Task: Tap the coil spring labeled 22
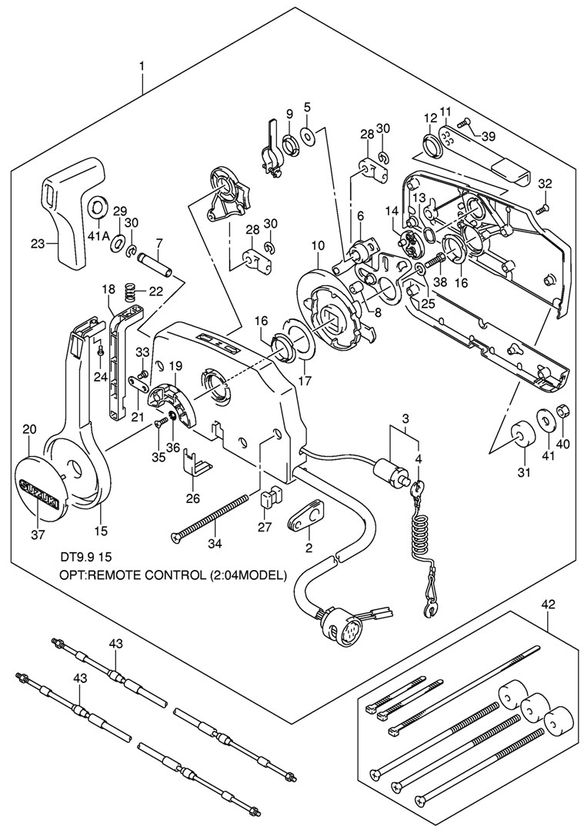point(132,292)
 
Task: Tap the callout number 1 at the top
point(142,67)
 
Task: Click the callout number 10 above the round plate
point(317,245)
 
